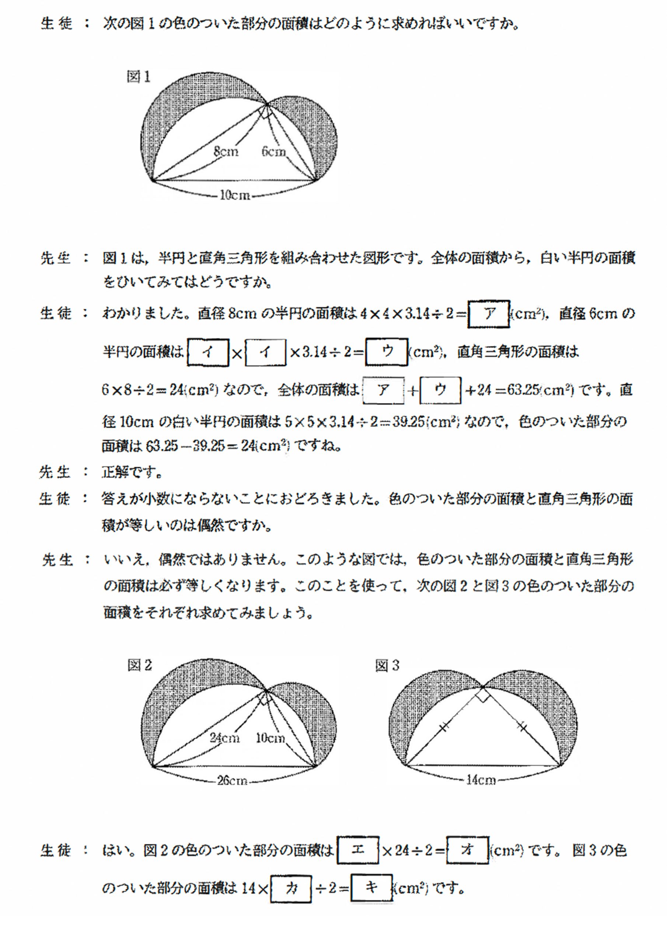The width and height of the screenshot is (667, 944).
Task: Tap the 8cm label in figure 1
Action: click(x=226, y=151)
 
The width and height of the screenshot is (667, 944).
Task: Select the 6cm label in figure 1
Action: click(x=273, y=151)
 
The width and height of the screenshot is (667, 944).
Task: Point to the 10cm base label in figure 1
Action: click(x=235, y=195)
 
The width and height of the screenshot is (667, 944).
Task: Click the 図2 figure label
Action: click(x=139, y=665)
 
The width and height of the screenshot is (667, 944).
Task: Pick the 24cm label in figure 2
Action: click(x=224, y=738)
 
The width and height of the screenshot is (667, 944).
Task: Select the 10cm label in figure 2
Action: click(x=270, y=738)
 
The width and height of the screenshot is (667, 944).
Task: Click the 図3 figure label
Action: click(x=387, y=665)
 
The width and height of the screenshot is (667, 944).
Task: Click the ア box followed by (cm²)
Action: click(x=489, y=314)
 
